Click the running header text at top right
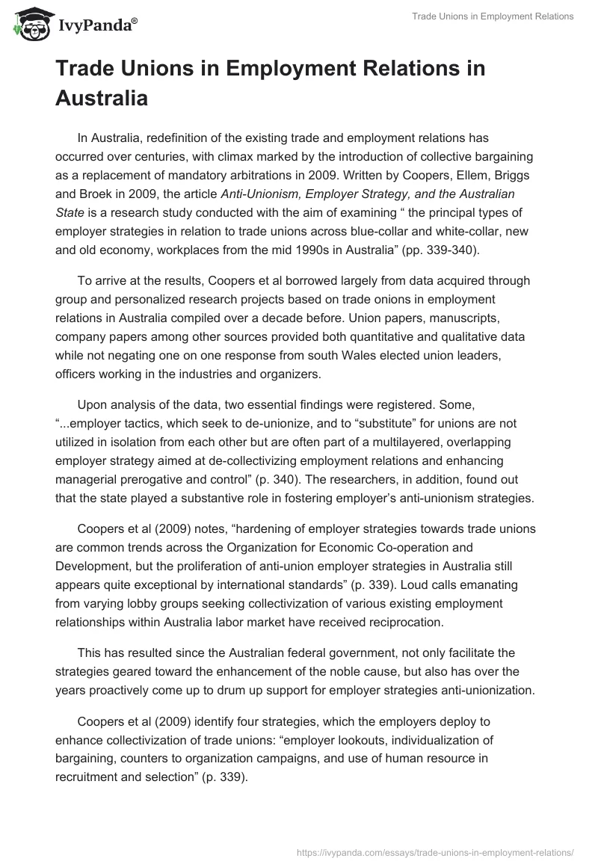[493, 16]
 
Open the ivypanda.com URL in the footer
[435, 851]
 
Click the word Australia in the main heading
[102, 97]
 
